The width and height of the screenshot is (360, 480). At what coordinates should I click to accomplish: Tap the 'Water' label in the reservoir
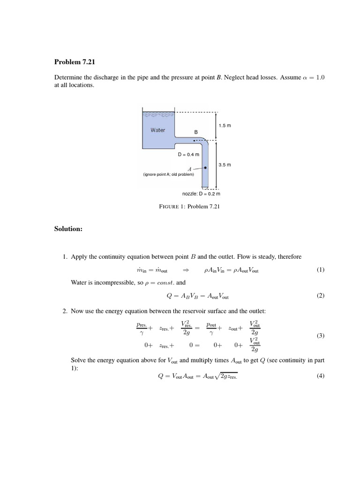point(157,130)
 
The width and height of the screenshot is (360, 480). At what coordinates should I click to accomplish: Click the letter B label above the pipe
point(196,132)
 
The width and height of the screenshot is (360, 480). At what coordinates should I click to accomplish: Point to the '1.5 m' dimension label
point(225,126)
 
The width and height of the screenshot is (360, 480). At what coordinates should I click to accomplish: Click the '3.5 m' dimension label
point(225,165)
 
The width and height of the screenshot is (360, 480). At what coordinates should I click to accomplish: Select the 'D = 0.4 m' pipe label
point(188,154)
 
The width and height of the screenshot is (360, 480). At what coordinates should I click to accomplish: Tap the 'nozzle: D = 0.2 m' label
point(201,193)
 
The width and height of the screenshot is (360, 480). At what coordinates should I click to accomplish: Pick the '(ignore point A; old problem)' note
point(168,174)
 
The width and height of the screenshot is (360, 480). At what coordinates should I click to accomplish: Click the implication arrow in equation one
point(185,270)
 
